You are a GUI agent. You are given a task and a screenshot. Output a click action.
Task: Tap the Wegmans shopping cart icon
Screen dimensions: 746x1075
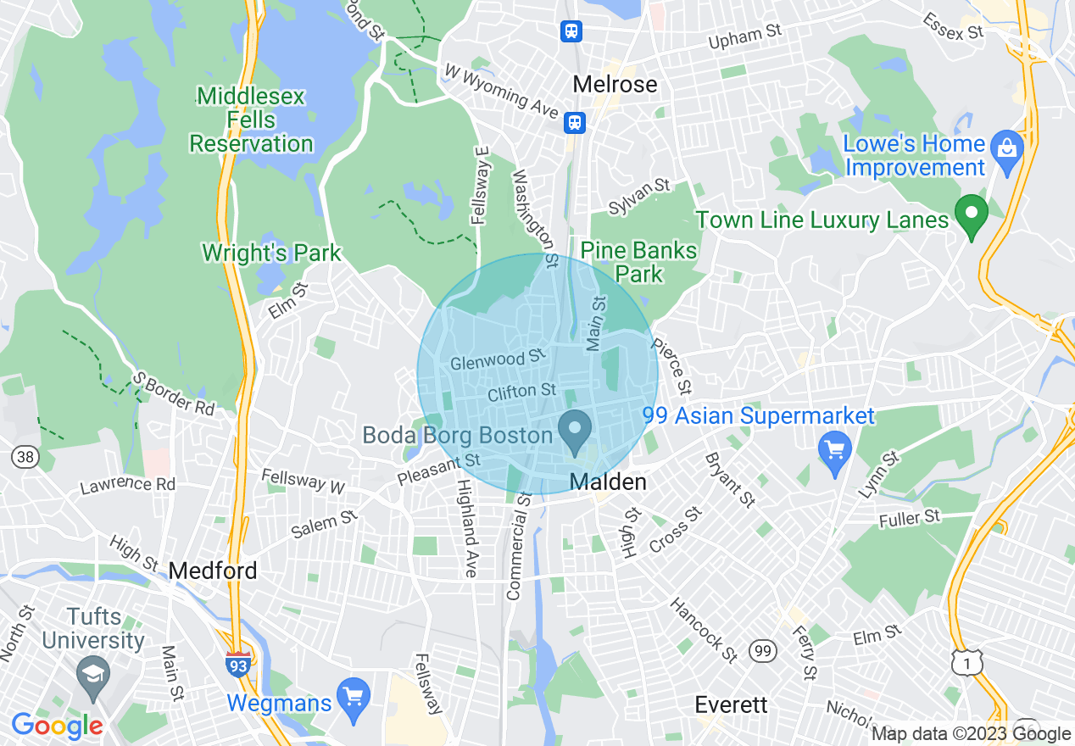(x=354, y=696)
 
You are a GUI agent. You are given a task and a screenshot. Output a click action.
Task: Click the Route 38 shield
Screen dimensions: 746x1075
(x=24, y=458)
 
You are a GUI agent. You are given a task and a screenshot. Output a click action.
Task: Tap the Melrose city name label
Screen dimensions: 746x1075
(x=615, y=84)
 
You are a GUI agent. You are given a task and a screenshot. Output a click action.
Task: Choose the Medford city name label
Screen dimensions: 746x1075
(x=213, y=571)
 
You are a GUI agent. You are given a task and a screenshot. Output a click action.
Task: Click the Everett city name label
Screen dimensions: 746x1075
(x=731, y=704)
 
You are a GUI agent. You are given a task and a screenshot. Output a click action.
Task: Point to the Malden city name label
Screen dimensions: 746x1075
(x=608, y=482)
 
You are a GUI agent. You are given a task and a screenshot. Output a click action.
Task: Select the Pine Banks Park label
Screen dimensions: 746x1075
(x=638, y=262)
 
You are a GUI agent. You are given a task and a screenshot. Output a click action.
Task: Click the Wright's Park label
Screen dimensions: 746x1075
(x=271, y=253)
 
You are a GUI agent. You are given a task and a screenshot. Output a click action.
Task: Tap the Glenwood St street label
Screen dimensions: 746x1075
(x=497, y=360)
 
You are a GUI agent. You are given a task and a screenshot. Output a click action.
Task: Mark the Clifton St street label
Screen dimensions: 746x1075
(x=522, y=392)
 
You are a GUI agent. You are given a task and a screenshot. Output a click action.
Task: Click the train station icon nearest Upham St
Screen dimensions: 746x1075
(x=571, y=32)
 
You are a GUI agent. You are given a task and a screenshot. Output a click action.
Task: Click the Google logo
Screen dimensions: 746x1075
(x=57, y=726)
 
